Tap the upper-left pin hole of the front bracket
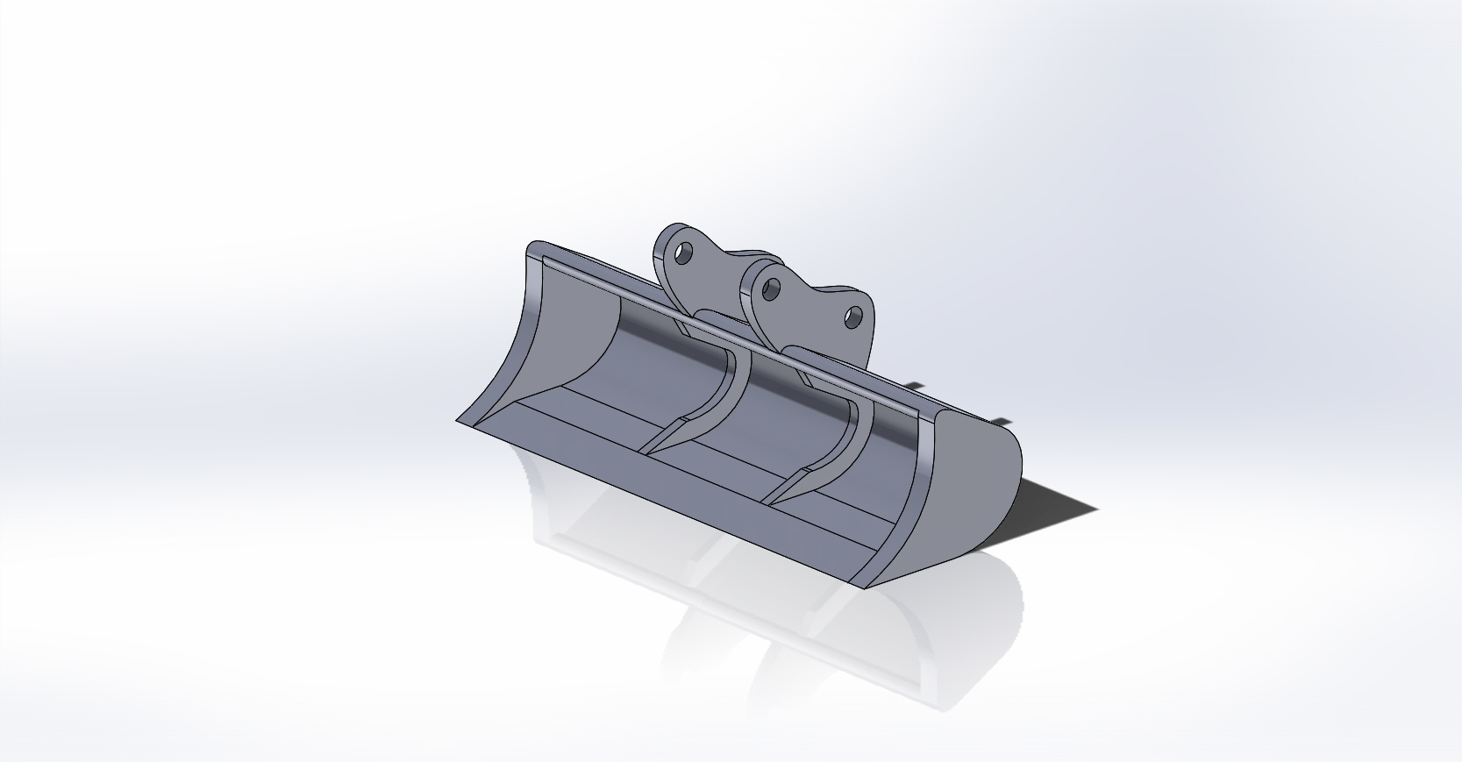(x=772, y=286)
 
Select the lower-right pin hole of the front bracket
(x=852, y=317)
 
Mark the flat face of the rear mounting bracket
(x=702, y=281)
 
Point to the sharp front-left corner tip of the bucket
(x=458, y=421)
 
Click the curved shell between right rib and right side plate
(x=886, y=456)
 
